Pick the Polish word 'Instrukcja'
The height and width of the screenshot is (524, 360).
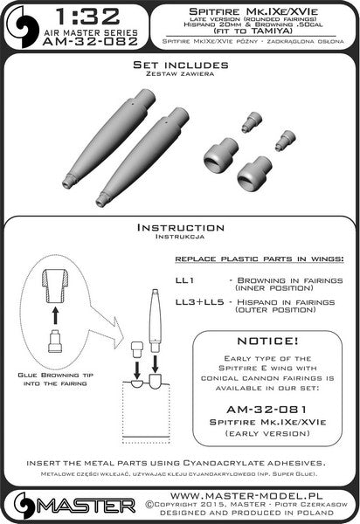[180, 237]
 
